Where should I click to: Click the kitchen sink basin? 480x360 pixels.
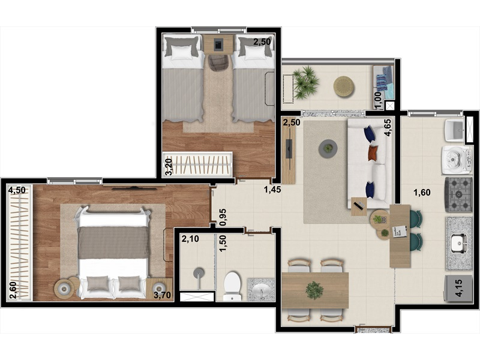tap(458, 244)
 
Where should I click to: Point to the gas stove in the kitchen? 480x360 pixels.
tap(459, 194)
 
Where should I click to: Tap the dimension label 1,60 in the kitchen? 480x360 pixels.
tap(422, 193)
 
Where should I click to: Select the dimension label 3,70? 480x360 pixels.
tap(162, 295)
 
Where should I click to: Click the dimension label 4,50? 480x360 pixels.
tap(17, 190)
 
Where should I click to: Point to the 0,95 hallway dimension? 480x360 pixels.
tap(223, 217)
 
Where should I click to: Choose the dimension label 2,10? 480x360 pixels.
tap(190, 238)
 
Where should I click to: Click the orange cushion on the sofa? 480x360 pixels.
tap(372, 153)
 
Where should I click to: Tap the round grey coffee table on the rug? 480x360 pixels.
tap(328, 149)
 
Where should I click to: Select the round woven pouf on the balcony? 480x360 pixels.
tap(344, 86)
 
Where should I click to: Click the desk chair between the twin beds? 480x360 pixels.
tap(218, 62)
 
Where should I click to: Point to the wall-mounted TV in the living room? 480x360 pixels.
tap(289, 149)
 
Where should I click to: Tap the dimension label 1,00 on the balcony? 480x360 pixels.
tap(378, 100)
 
